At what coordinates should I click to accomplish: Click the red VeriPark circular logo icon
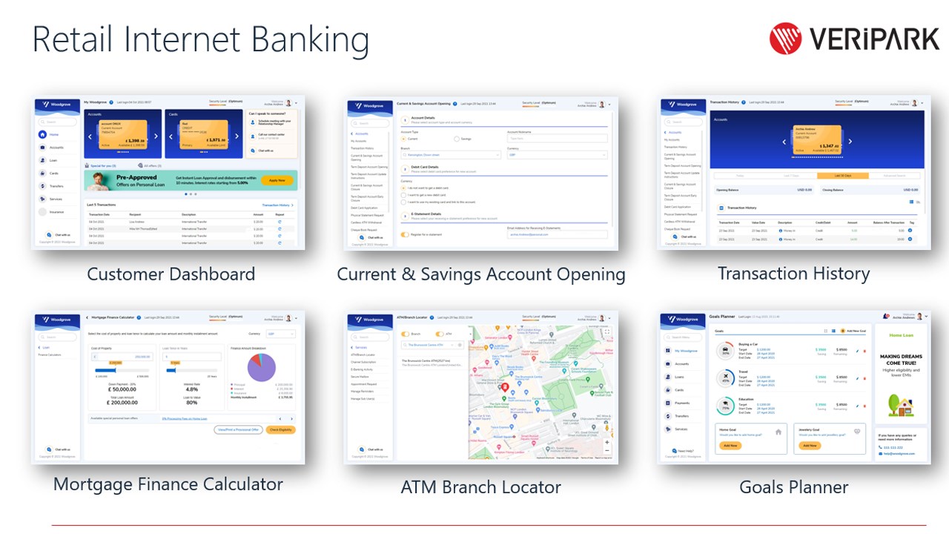(x=785, y=39)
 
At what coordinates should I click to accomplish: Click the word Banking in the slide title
(x=309, y=40)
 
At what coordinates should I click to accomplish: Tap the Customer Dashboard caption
(x=171, y=274)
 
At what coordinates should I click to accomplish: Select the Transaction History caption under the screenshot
(x=793, y=274)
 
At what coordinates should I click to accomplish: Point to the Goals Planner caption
(x=793, y=487)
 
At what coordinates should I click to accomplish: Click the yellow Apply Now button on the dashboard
(x=277, y=180)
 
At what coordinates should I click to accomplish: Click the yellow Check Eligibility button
(x=280, y=429)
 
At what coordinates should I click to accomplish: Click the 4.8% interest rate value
(x=192, y=389)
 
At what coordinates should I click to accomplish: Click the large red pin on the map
(x=505, y=387)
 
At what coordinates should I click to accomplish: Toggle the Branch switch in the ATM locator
(x=406, y=334)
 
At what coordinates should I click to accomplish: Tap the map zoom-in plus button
(x=607, y=442)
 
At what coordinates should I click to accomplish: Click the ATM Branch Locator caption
(x=480, y=487)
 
